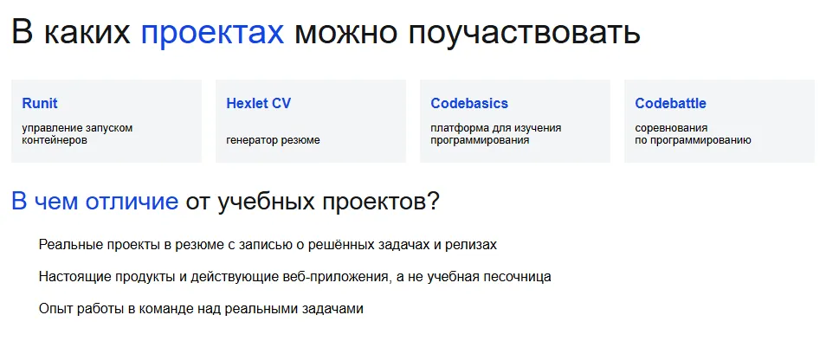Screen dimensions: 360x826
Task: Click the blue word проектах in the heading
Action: [x=212, y=33]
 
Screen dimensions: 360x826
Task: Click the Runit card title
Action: [x=40, y=104]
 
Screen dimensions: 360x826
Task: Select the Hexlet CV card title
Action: [x=258, y=104]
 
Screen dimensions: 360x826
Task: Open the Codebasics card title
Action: [x=469, y=104]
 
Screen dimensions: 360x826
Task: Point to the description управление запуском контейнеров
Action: [x=77, y=133]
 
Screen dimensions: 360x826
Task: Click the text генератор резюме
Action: [x=273, y=139]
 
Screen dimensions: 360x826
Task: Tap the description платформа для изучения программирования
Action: [x=495, y=133]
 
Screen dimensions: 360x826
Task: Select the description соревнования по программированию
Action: [x=693, y=133]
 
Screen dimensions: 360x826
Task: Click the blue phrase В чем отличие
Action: [x=94, y=202]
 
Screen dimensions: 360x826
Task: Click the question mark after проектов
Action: [x=433, y=202]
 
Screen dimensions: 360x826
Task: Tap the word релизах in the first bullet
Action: [x=471, y=245]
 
